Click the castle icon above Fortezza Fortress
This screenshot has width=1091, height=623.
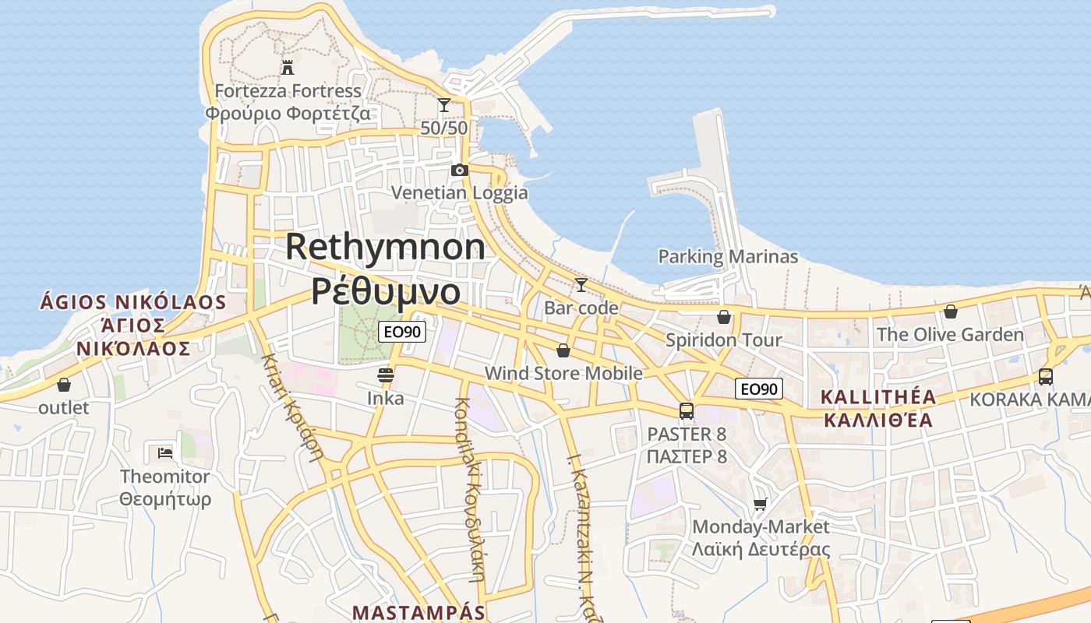coord(288,67)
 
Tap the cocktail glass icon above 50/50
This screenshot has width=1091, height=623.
coord(444,105)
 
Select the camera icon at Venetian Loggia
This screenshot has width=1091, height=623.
coord(460,170)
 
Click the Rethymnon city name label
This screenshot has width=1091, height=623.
coord(385,248)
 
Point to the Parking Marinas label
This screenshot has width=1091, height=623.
coord(728,256)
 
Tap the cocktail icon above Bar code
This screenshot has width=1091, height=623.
coord(581,285)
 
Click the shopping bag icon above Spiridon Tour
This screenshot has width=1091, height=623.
coord(724,317)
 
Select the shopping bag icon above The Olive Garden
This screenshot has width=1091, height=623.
coord(951,312)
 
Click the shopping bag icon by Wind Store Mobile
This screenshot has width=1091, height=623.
coord(563,351)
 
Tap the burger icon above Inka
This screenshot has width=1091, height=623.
coord(385,375)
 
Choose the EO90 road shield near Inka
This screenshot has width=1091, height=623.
coord(402,332)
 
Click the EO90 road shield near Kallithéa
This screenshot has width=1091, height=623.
coord(758,389)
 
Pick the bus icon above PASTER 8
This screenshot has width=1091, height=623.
coord(686,411)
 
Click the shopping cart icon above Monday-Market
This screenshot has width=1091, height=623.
coord(761,504)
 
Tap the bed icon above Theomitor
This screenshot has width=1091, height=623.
coord(164,452)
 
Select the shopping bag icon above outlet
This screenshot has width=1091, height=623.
coord(64,385)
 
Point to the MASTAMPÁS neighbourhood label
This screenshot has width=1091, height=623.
coord(418,612)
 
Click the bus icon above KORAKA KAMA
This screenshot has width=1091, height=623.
coord(1046,377)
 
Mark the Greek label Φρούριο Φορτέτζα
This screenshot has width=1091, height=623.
coord(288,114)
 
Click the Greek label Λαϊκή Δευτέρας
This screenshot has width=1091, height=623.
coord(761,549)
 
